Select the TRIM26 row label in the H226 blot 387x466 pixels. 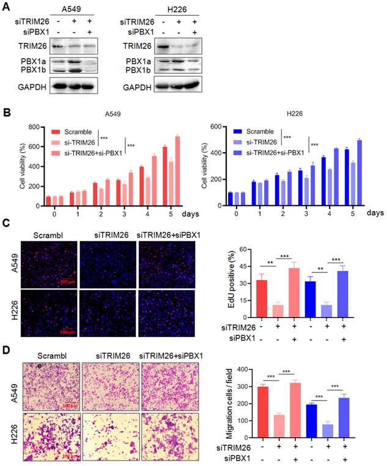[138, 45]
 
